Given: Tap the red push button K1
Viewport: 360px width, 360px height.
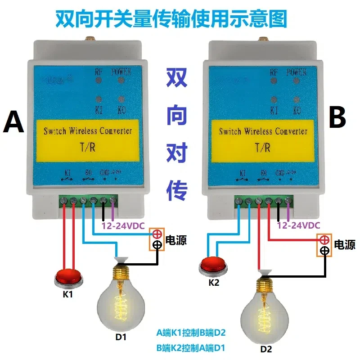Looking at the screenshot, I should [x=68, y=276].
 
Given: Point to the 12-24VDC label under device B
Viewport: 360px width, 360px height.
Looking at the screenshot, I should [x=298, y=226].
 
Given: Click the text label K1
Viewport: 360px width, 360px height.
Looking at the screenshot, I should [x=67, y=296].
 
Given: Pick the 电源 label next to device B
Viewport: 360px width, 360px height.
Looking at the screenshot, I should [x=344, y=244].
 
